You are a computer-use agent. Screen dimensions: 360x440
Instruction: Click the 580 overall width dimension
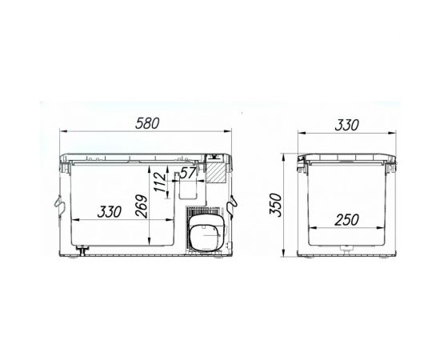click(146, 125)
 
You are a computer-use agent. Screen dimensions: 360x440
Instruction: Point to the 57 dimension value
click(189, 171)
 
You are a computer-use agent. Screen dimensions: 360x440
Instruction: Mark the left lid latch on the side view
click(303, 167)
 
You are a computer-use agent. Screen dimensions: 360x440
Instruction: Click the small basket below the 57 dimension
click(189, 189)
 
